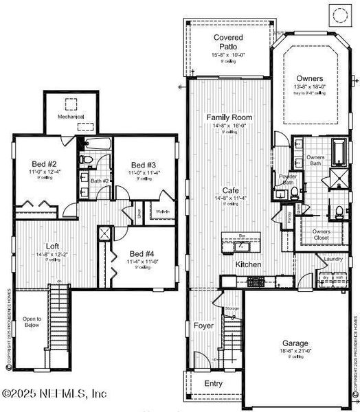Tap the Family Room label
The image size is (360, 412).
click(x=230, y=117)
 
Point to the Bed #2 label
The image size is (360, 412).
click(x=43, y=164)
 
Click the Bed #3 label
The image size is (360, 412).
click(x=144, y=165)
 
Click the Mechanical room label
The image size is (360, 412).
click(x=70, y=117)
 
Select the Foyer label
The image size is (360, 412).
click(x=203, y=325)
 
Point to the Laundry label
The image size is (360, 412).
click(x=333, y=259)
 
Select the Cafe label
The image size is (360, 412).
click(x=230, y=190)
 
